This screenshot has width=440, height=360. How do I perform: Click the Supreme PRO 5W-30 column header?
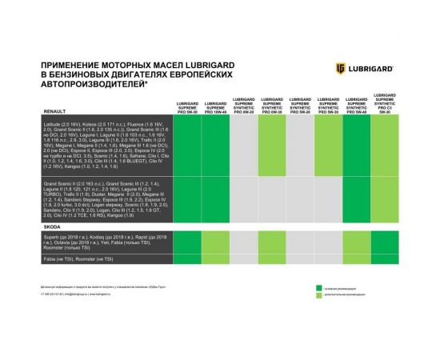pyautogui.click(x=187, y=106)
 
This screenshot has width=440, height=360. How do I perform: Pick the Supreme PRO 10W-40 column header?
pyautogui.click(x=215, y=106)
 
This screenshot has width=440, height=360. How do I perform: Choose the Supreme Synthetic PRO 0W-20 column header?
pyautogui.click(x=244, y=105)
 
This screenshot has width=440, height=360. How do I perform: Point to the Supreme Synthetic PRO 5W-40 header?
pyautogui.click(x=356, y=106)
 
